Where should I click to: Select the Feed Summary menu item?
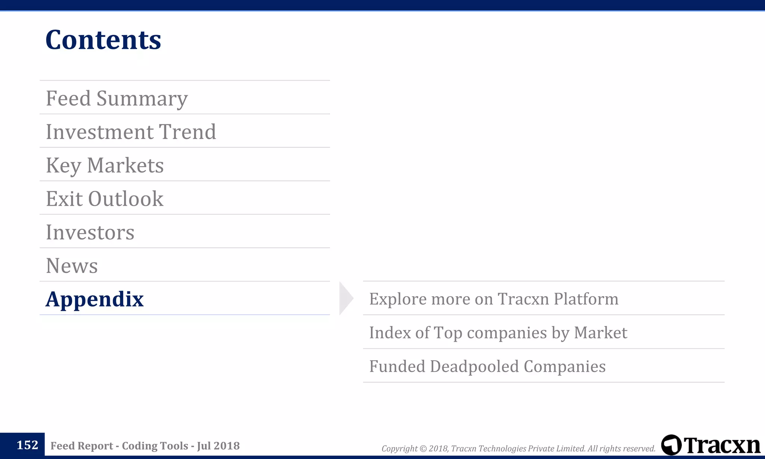tap(117, 98)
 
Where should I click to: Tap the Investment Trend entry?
tap(131, 132)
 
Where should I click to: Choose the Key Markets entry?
tap(105, 165)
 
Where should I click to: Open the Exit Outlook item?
tap(105, 199)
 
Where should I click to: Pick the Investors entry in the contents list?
tap(90, 232)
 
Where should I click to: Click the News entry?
tap(72, 266)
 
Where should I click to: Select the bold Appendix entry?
tap(95, 299)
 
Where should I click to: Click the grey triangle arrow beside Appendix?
tap(346, 298)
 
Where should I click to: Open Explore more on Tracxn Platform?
tap(493, 299)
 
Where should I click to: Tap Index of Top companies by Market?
tap(498, 332)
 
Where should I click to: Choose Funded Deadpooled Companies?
tap(487, 366)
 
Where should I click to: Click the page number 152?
tap(27, 445)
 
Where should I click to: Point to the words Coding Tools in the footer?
tap(155, 446)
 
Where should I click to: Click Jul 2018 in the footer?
tap(218, 446)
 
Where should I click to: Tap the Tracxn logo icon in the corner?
tap(671, 445)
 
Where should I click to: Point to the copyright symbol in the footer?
tap(423, 449)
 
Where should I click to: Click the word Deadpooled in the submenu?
tap(474, 366)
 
